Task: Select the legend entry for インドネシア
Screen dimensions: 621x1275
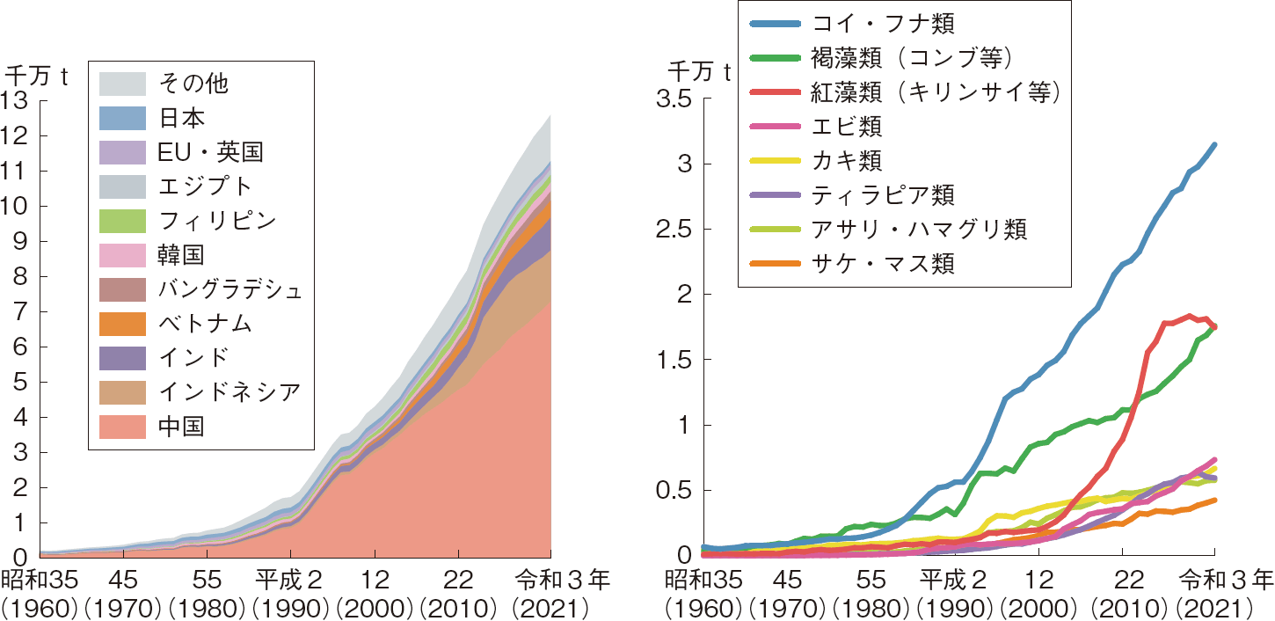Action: [x=228, y=392]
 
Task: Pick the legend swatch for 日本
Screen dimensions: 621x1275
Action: [x=121, y=118]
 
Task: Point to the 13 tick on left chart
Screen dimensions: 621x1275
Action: [x=18, y=101]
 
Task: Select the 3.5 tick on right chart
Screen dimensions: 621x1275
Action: [x=674, y=99]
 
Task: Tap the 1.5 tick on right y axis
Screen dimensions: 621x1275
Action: [x=674, y=360]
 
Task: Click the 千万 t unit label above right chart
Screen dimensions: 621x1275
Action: [x=699, y=72]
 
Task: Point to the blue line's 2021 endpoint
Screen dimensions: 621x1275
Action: [x=1214, y=145]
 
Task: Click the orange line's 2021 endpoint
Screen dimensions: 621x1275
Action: [x=1214, y=500]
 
